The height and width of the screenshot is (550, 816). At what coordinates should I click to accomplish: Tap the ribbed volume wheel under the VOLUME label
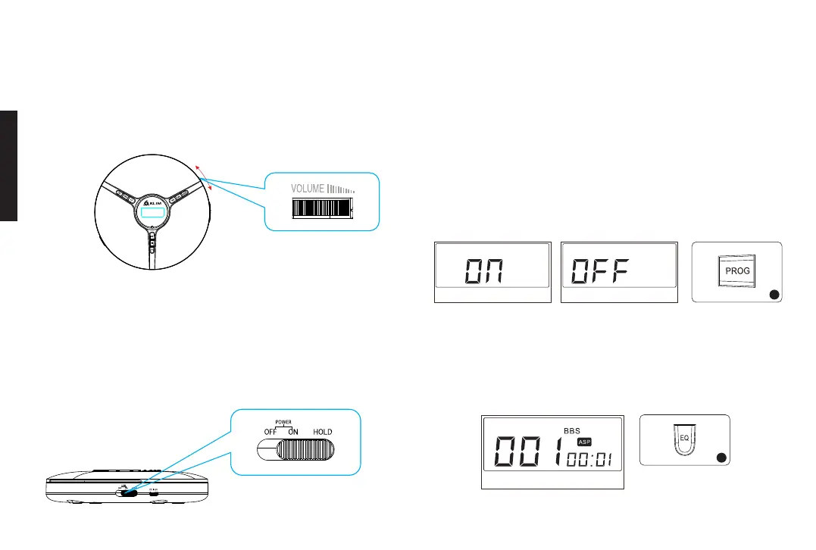tap(323, 209)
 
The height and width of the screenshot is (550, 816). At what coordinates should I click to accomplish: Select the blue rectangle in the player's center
tap(154, 214)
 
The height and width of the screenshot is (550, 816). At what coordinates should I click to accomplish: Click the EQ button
tap(683, 438)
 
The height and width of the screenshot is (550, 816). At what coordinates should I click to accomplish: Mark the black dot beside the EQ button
tap(721, 457)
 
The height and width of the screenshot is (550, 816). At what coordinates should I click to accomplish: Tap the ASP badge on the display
tap(583, 442)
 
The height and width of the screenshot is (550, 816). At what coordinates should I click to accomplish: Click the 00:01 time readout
tap(589, 459)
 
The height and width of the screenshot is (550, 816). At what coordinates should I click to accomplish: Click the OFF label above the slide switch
tap(269, 432)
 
